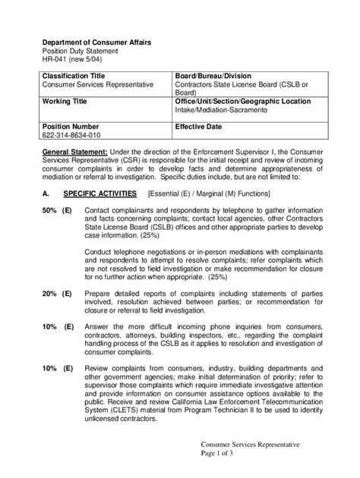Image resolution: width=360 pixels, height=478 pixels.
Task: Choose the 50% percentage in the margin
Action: point(50,209)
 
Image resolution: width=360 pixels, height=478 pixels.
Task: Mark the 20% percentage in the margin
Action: point(50,292)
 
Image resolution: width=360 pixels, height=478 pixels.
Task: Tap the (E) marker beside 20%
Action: point(68,292)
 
